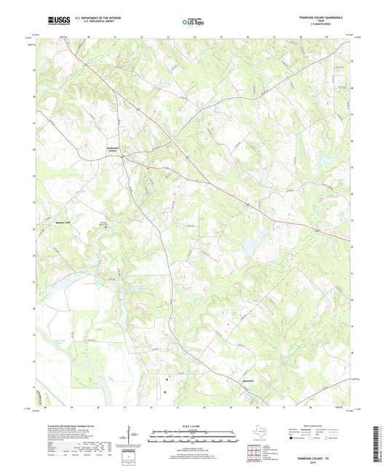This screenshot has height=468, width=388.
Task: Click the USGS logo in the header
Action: tap(55, 20)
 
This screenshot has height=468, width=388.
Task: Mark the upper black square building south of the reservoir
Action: tap(166, 379)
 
